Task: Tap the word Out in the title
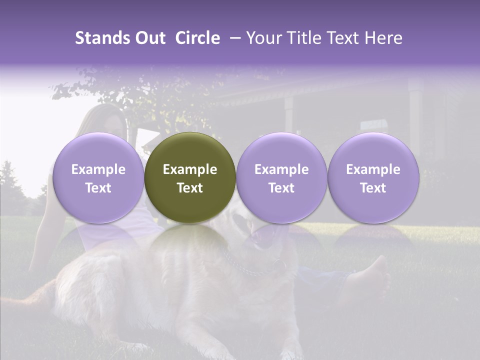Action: coord(149,38)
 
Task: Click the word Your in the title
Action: coord(262,38)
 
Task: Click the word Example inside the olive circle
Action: coord(190,169)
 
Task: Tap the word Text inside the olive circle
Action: coord(190,188)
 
